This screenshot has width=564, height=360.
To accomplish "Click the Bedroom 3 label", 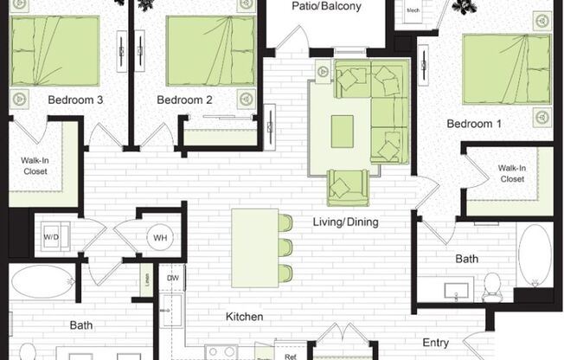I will [76, 100].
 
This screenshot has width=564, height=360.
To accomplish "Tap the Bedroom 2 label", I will [184, 100].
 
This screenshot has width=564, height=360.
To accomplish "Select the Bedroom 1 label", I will [473, 124].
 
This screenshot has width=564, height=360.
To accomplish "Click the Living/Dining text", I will [345, 222].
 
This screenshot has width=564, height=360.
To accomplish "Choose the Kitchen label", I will [246, 317].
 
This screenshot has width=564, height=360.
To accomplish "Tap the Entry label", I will [435, 343].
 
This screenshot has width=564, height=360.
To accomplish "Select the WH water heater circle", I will [159, 237].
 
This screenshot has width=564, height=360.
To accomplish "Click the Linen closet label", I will [146, 279].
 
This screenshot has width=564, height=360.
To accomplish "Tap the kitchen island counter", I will [254, 247].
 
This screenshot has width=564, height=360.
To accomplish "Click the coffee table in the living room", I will [343, 132].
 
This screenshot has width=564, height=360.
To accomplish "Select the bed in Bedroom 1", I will [506, 67].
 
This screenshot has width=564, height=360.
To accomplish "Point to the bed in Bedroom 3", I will [54, 51].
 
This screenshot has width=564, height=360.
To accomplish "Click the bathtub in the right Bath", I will [535, 256].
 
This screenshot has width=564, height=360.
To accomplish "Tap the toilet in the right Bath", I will [492, 286].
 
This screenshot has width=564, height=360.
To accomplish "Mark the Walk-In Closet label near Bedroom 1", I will [511, 173].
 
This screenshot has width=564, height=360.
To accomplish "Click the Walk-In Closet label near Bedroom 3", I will [35, 165].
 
